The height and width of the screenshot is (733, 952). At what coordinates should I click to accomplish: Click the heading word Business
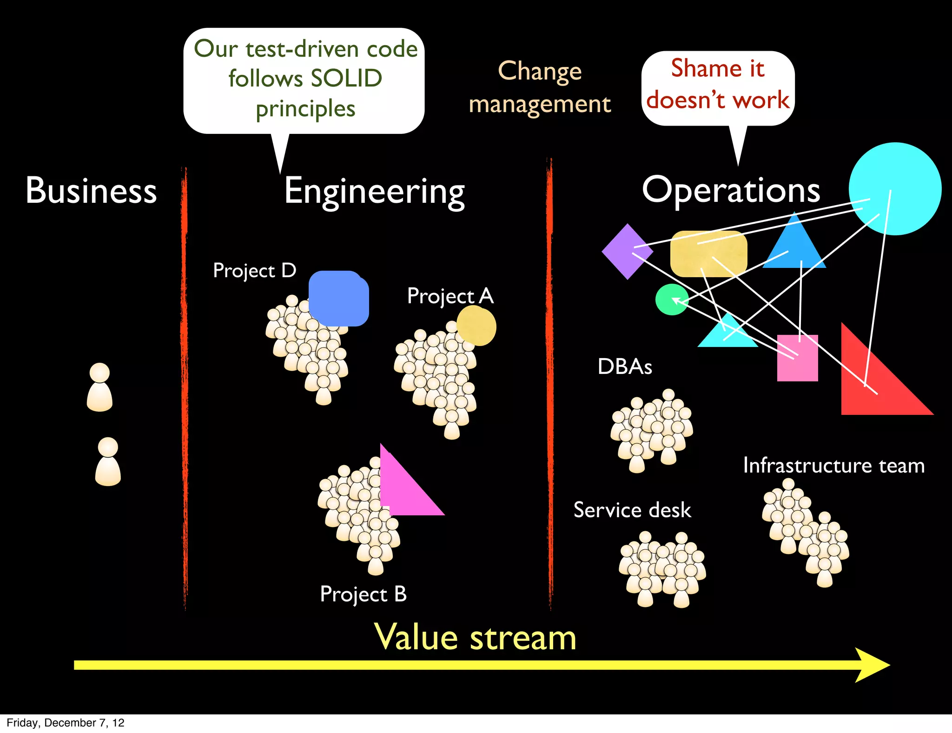91,191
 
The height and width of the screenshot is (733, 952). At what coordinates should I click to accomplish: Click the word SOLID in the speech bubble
346,78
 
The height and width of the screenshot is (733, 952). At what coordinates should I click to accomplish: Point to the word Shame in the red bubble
706,68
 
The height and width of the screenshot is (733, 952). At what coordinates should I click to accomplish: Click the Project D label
254,271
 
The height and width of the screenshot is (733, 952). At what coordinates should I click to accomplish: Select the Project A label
450,296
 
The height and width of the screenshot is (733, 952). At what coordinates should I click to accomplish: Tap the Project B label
363,594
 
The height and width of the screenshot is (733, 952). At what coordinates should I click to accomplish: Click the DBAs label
625,366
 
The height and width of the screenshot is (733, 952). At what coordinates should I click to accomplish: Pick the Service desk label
632,510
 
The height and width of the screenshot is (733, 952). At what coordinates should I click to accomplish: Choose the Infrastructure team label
834,466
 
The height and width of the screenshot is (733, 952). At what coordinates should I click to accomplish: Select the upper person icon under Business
99,387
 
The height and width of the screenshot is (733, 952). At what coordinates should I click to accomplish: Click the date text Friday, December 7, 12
66,723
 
